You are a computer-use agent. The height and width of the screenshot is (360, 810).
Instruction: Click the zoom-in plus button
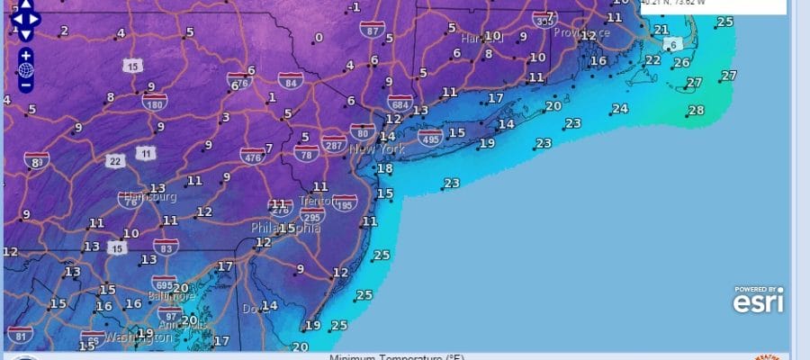[x=25, y=55]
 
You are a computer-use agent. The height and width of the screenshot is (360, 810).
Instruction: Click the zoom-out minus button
[x=25, y=85]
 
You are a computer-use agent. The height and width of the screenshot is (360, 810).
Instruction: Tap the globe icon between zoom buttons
[x=25, y=70]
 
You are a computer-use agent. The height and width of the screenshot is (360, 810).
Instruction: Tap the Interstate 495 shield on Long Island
[x=429, y=137]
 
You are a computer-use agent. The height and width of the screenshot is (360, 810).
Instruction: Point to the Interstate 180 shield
[x=153, y=100]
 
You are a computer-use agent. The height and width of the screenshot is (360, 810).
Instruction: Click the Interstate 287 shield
[x=334, y=144]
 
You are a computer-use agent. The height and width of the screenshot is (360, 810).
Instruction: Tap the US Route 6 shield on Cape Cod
[x=670, y=45]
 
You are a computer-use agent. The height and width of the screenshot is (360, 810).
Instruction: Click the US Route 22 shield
[x=115, y=161]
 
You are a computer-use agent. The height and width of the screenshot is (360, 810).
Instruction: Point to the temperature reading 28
[x=696, y=111]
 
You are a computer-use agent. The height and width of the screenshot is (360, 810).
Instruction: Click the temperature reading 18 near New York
[x=384, y=168]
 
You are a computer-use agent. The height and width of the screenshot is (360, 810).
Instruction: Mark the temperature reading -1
[x=356, y=8]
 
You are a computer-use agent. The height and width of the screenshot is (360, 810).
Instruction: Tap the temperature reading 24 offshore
[x=619, y=109]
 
